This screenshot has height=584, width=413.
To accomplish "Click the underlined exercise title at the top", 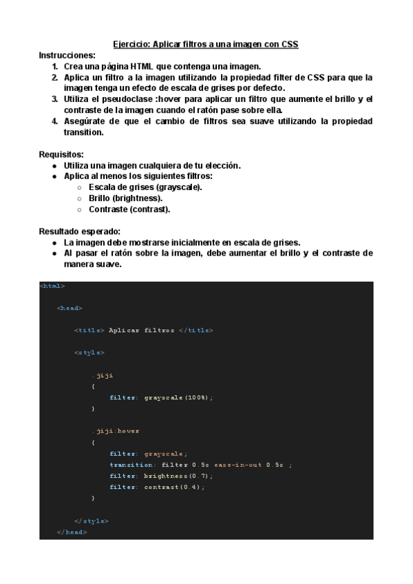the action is pos(206,43).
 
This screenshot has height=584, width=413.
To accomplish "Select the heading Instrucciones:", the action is pos(67,55).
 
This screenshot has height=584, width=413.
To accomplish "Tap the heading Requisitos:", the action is pos(61,154).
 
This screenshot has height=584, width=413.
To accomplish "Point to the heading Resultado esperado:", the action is pos(80,231).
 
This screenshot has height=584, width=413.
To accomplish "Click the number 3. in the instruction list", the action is pos(54,99).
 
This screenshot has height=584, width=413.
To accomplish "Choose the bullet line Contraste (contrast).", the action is pos(129,209).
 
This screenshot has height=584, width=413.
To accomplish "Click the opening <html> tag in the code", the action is pos(53,286).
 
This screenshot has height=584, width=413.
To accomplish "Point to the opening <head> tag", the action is pos(70,308).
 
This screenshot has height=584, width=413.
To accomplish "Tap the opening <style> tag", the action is pos(89,352).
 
